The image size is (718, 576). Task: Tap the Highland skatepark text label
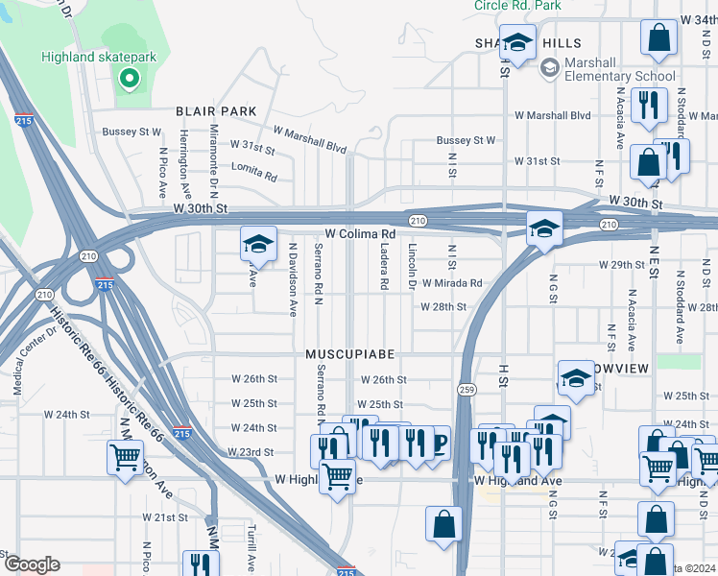pos(99,57)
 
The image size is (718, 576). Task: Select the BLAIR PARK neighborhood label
pos(216,111)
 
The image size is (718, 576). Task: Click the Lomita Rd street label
pos(254,176)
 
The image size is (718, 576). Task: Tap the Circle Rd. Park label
pos(517,6)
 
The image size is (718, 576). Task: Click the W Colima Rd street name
pos(360,234)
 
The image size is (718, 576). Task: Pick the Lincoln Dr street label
pos(412,268)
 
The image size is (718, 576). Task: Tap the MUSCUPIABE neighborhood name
pos(345,354)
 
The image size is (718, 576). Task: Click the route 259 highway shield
pos(467,389)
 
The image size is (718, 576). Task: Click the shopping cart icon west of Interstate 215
pos(126,458)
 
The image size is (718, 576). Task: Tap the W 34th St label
pos(697,19)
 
